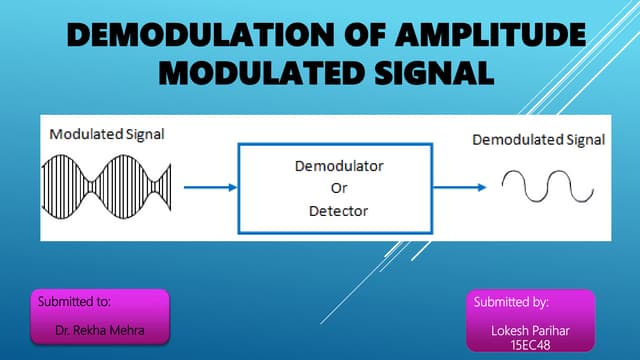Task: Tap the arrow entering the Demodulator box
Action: [x=210, y=186]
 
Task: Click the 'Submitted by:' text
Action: [x=510, y=301]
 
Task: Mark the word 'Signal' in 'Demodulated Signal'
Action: [x=584, y=140]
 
